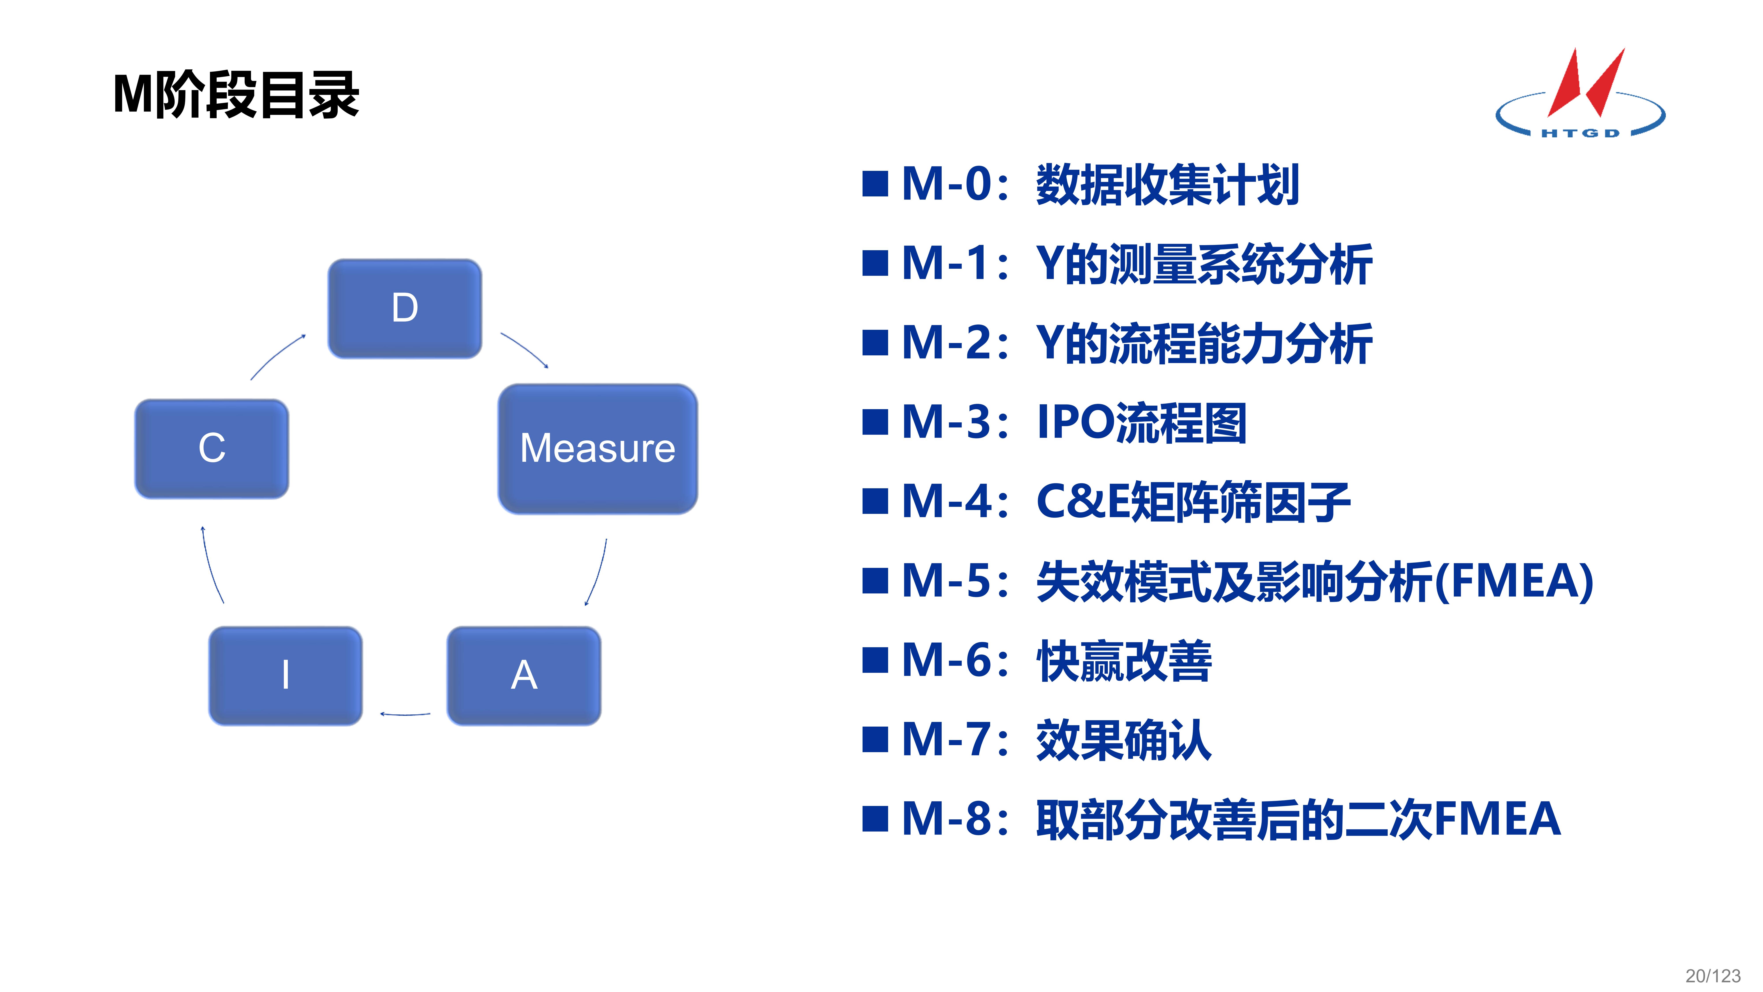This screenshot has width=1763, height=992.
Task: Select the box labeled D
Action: pos(405,308)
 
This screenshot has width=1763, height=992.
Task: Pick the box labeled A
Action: pos(524,676)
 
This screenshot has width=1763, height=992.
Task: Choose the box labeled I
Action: pos(285,676)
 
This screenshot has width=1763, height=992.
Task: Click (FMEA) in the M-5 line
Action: pos(1514,581)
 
